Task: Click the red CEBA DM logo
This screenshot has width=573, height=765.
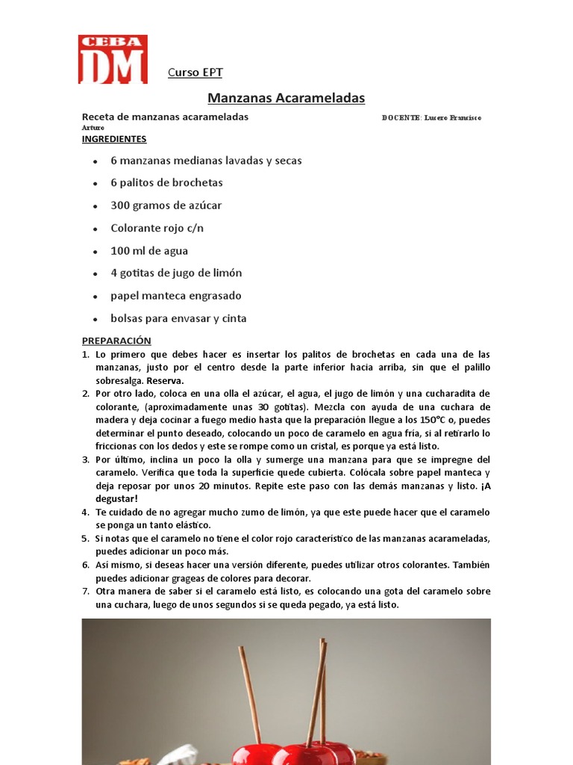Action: (x=113, y=59)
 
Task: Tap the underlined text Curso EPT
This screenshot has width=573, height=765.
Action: (x=195, y=72)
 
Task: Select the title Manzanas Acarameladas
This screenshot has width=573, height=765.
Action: (x=286, y=98)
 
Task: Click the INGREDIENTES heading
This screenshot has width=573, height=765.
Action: (x=114, y=139)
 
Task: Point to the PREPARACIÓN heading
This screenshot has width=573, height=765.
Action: (x=116, y=341)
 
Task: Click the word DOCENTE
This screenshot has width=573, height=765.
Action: (x=401, y=118)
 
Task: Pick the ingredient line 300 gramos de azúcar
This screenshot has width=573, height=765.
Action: (x=166, y=205)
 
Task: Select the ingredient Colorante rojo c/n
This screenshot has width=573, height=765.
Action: (x=157, y=228)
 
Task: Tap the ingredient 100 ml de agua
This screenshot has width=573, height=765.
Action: (x=149, y=251)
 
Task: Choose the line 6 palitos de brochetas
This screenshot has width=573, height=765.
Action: (x=166, y=183)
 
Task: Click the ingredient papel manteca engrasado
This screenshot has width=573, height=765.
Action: (x=176, y=296)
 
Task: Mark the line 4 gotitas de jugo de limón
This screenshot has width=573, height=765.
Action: (x=176, y=273)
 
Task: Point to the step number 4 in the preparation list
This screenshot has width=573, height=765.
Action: (x=85, y=512)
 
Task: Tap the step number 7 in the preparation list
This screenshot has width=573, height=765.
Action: (x=85, y=592)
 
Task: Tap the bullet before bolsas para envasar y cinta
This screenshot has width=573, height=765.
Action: (x=95, y=320)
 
